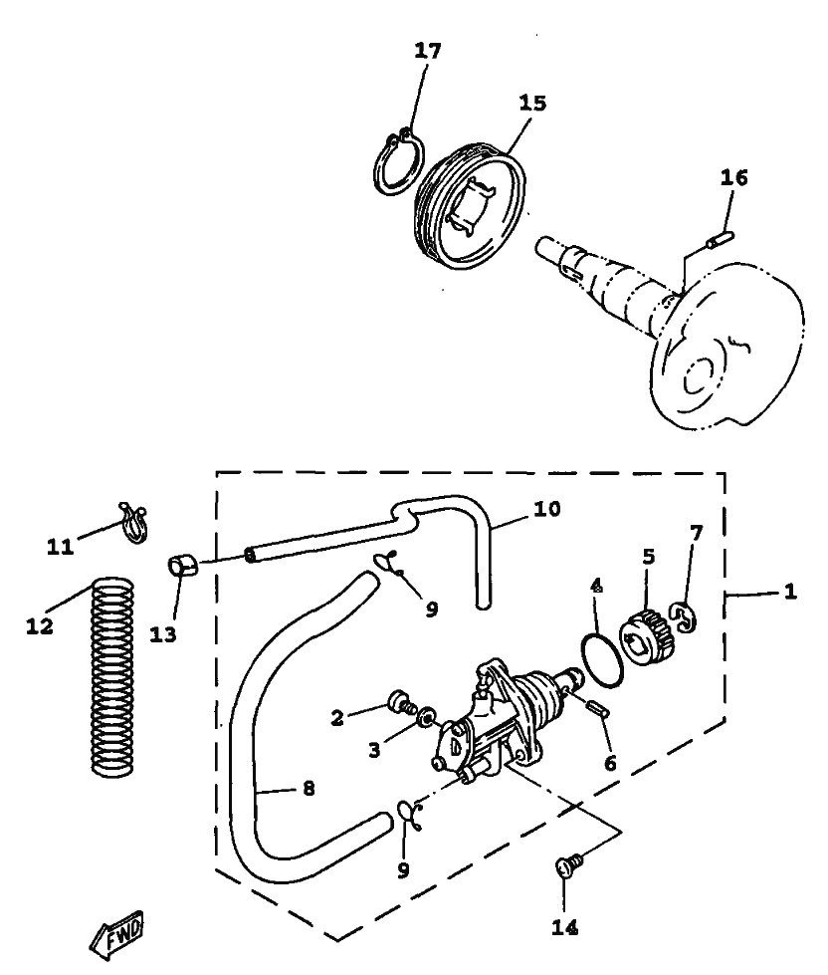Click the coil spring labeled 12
112,676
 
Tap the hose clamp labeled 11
133,521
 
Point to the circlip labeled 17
399,163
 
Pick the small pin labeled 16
720,239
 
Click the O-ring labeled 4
602,658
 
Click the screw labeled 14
568,865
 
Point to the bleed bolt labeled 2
401,703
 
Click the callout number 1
789,592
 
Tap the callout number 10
546,509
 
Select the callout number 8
309,789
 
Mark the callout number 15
531,103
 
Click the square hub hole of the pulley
470,205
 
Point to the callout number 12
40,626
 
